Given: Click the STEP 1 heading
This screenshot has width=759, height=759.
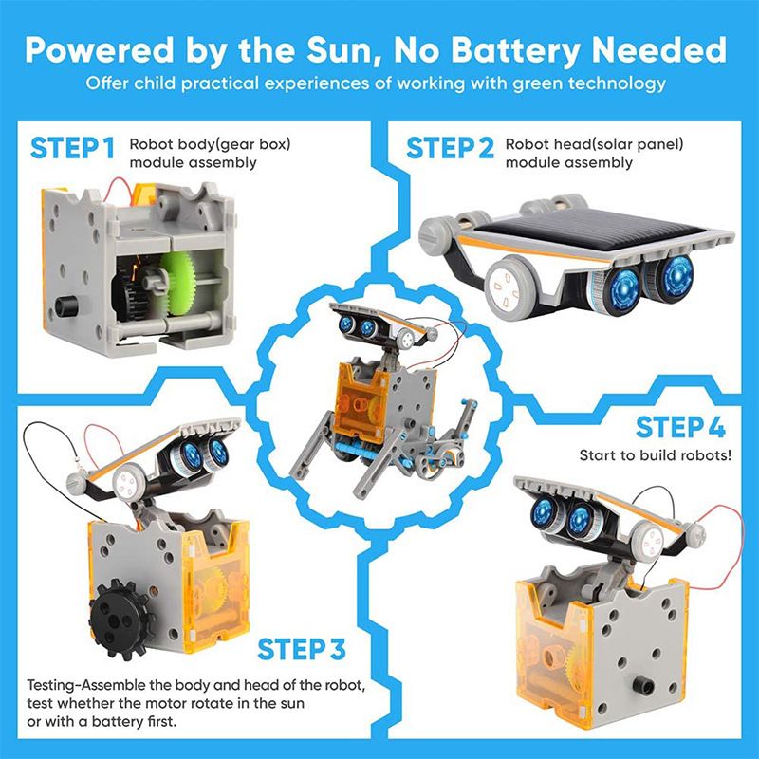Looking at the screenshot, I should [73, 149].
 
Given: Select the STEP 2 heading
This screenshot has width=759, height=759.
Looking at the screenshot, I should [450, 149].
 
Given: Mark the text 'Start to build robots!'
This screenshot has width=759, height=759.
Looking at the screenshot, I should [656, 455].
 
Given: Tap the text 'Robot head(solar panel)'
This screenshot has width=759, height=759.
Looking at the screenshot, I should [594, 145].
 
